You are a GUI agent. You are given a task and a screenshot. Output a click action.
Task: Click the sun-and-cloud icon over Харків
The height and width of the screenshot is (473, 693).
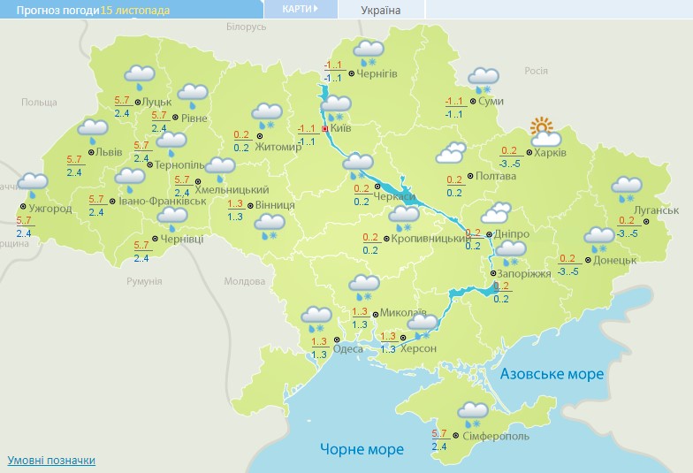[544, 133]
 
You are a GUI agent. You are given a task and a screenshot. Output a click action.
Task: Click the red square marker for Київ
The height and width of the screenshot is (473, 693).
[324, 129]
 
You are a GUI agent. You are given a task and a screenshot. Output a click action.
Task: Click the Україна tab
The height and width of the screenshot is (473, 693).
[381, 11]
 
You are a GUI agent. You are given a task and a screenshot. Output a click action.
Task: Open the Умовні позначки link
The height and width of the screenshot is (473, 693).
[51, 461]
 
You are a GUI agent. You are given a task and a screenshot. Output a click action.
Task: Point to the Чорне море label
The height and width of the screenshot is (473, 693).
[362, 449]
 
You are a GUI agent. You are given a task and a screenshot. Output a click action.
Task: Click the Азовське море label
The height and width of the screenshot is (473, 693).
[552, 374]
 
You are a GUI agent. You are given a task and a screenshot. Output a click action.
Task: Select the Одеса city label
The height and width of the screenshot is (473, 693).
[347, 349]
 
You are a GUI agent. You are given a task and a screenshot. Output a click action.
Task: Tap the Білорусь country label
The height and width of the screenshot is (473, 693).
[246, 27]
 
